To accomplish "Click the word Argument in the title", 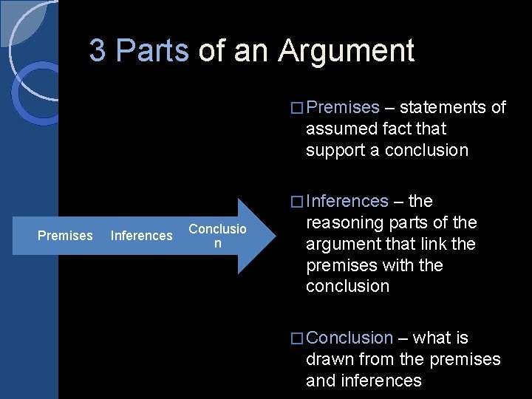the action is pos(346,52).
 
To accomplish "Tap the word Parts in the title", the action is pos(153,51).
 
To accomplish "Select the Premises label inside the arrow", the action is pos(65,236).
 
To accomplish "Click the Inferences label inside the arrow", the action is pos(141,236).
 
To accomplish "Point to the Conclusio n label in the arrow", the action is pos(217,236).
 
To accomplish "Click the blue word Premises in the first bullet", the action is pos(342,107).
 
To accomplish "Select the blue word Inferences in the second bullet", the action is pos(347,201).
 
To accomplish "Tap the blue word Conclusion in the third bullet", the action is pos(349,338).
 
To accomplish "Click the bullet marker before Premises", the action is pos(297,108).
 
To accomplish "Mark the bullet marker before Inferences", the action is pos(297,202).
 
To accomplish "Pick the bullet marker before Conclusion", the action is pos(297,338).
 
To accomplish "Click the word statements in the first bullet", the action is pos(443,107).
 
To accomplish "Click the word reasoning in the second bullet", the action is pos(344,223).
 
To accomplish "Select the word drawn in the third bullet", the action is pos(330,359).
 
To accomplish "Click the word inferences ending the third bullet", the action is pos(381,381).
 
